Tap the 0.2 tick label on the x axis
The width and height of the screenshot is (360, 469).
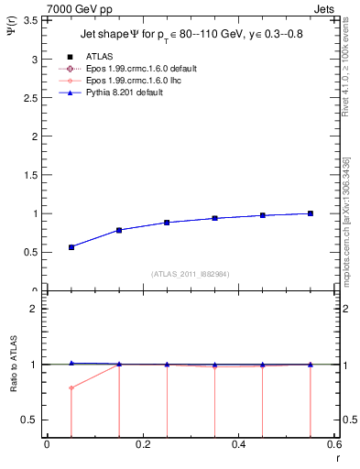(x=142, y=445)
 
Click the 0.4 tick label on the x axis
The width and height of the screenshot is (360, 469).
(x=238, y=445)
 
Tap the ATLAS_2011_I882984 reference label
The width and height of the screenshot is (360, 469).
(x=190, y=273)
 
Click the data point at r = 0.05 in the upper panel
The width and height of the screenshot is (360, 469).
(x=71, y=247)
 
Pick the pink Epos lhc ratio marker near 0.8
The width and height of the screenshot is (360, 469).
(x=71, y=387)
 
